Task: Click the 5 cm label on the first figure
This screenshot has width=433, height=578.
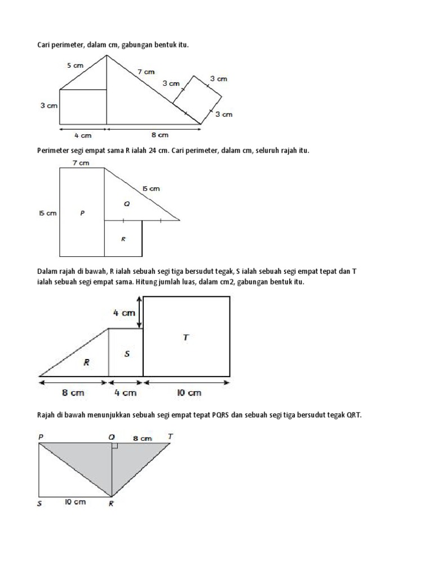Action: pyautogui.click(x=75, y=65)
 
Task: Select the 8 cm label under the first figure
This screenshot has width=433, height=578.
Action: pyautogui.click(x=160, y=135)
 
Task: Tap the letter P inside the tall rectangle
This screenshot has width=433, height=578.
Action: pyautogui.click(x=82, y=213)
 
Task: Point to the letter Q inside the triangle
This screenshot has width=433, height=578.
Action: pyautogui.click(x=126, y=203)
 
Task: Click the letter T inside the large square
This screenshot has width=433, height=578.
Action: pyautogui.click(x=186, y=337)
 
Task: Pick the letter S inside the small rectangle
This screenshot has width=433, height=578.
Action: pyautogui.click(x=127, y=354)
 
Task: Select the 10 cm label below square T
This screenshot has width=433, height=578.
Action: pyautogui.click(x=189, y=393)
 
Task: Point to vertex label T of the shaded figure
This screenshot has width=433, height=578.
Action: pyautogui.click(x=170, y=436)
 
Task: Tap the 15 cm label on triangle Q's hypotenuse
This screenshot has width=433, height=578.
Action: pyautogui.click(x=151, y=189)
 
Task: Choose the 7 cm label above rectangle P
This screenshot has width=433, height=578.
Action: pyautogui.click(x=81, y=163)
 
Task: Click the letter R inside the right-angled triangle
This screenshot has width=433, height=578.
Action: pyautogui.click(x=86, y=363)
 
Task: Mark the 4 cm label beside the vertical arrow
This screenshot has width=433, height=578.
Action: pyautogui.click(x=123, y=312)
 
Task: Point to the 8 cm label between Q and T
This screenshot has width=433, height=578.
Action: pyautogui.click(x=142, y=437)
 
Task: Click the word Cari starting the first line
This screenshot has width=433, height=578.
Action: pyautogui.click(x=44, y=45)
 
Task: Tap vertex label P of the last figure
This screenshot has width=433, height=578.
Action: pyautogui.click(x=41, y=436)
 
